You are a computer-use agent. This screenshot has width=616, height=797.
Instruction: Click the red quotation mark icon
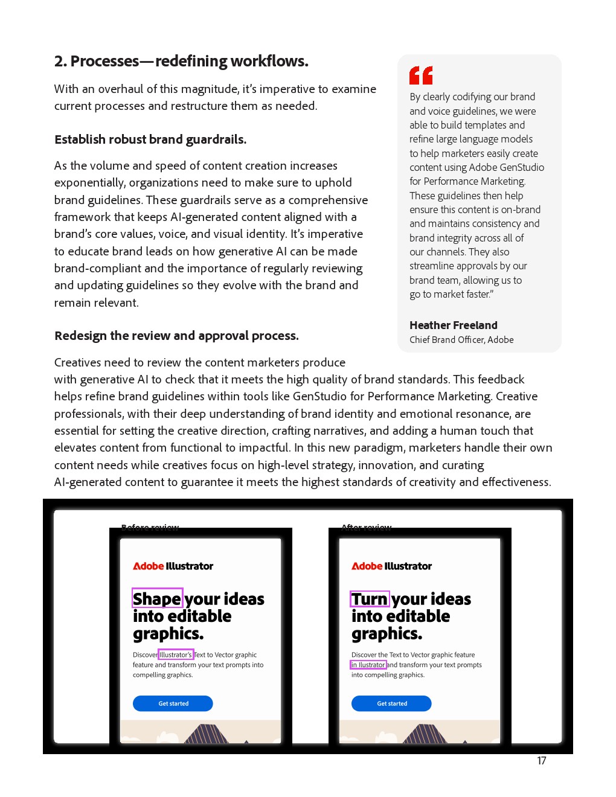coord(421,75)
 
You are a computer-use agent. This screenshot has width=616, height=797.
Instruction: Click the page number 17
coord(541,761)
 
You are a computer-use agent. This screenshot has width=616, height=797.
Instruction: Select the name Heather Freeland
coord(453,325)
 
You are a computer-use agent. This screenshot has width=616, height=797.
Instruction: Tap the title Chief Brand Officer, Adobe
coord(461,340)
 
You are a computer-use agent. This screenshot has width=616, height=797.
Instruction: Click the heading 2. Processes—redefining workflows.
coord(181,62)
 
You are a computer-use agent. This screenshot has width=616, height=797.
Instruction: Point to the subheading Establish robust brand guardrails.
coord(150,139)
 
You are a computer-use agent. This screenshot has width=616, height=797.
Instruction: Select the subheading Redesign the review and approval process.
coord(176,336)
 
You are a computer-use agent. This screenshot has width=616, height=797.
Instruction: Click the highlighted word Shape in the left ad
coord(158,598)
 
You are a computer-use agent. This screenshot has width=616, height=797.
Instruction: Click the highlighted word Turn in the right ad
coord(370,599)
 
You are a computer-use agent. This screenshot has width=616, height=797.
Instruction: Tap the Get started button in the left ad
coord(173,703)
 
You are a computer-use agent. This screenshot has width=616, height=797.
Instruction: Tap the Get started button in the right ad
coord(391,703)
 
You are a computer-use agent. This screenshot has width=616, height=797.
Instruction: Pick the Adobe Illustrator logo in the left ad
coord(173,566)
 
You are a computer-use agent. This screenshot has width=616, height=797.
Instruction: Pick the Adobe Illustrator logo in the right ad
coord(392,566)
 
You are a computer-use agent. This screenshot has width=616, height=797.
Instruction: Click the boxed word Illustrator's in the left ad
coord(176,655)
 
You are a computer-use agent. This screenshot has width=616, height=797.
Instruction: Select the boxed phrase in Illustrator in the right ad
coord(368,665)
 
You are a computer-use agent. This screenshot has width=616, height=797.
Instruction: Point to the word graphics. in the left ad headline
coord(168,634)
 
